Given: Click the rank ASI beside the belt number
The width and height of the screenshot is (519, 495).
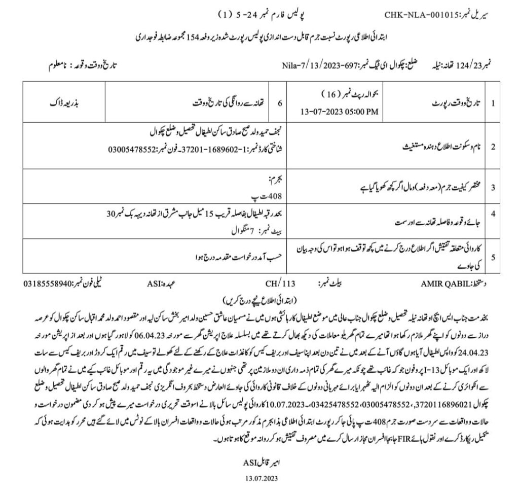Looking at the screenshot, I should click(x=155, y=283).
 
